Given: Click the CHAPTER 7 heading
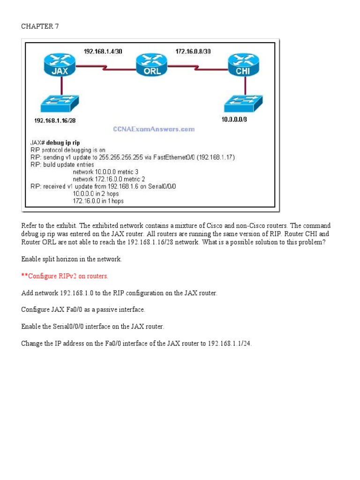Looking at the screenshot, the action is (37, 26).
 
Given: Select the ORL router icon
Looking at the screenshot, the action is (150, 66).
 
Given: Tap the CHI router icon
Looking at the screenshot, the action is (243, 66).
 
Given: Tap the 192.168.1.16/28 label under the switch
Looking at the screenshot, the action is (55, 120).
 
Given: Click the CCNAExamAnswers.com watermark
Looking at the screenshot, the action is (154, 129).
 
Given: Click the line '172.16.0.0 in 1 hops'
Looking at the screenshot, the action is (98, 202).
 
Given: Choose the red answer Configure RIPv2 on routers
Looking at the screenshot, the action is (65, 276).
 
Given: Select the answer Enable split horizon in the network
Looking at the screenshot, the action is (71, 259).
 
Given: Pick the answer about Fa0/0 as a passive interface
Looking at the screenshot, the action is (83, 309).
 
